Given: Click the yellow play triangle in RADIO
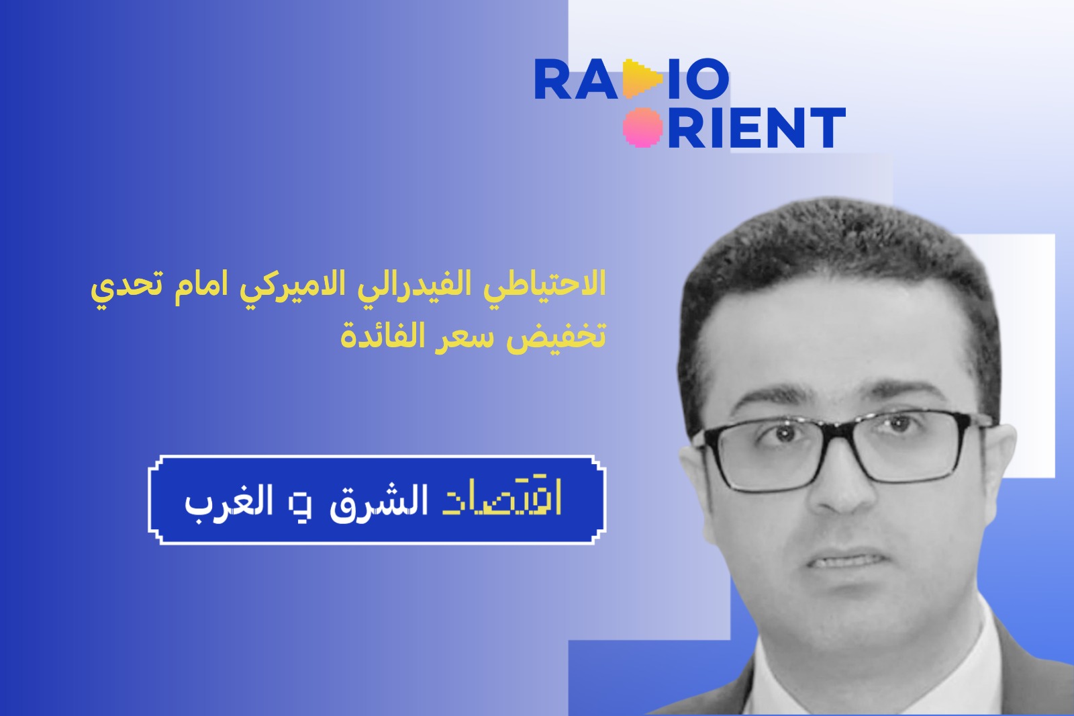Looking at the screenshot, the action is [x=642, y=79].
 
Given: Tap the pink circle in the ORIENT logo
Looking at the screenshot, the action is [x=642, y=127].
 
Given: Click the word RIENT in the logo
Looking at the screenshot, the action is [x=756, y=127].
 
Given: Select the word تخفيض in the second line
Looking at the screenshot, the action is [x=556, y=336].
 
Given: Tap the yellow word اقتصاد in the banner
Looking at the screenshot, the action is [x=501, y=500].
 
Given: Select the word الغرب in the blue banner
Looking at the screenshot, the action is [x=229, y=501].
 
